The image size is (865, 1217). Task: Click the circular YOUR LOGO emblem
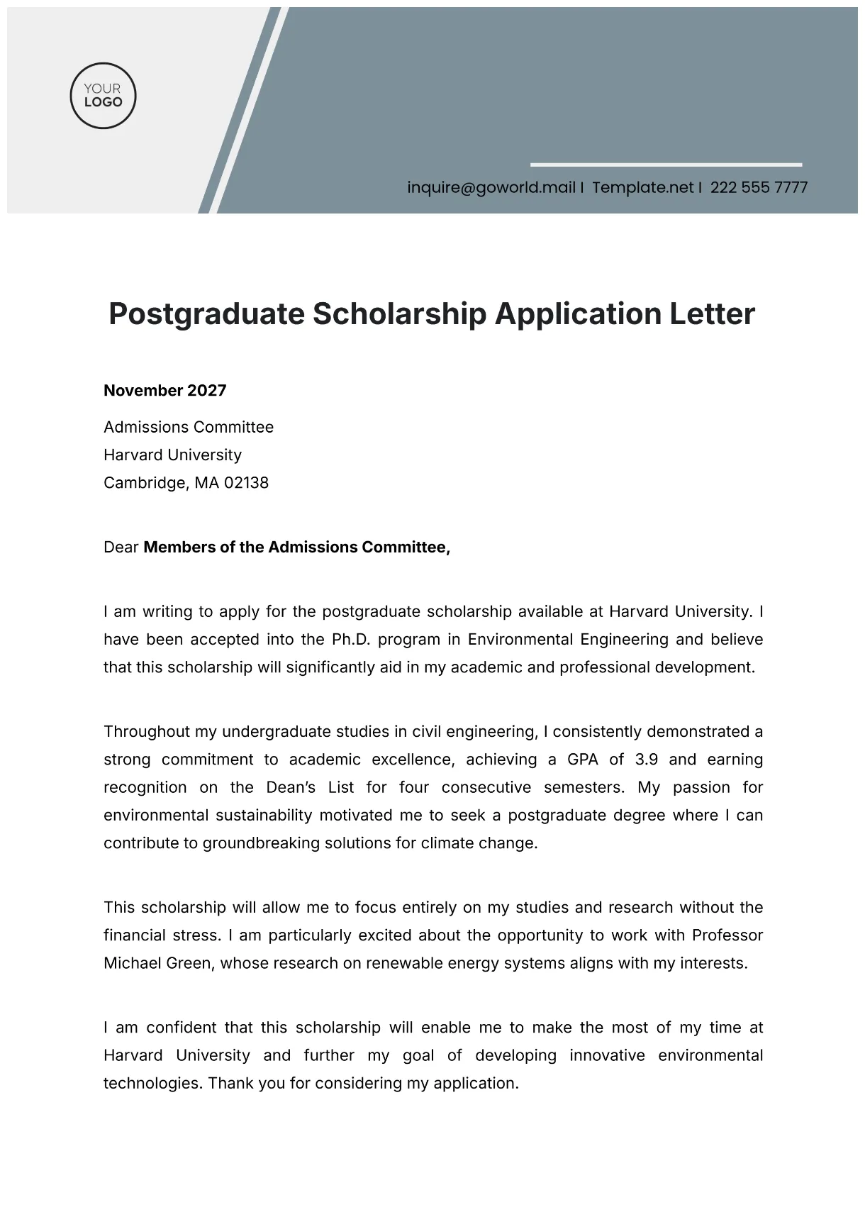pos(103,95)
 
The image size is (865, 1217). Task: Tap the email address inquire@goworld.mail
pos(491,187)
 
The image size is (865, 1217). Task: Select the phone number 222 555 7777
pos(759,187)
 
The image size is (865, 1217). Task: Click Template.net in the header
pos(642,187)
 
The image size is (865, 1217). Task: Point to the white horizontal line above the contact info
pos(666,165)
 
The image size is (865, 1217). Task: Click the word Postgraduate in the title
pos(206,313)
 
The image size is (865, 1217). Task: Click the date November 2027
pos(164,390)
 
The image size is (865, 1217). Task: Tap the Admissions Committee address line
pos(188,427)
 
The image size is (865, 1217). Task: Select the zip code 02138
pos(246,483)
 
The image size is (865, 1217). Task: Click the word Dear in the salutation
pos(121,548)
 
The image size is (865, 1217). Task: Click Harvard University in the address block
pos(172,455)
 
